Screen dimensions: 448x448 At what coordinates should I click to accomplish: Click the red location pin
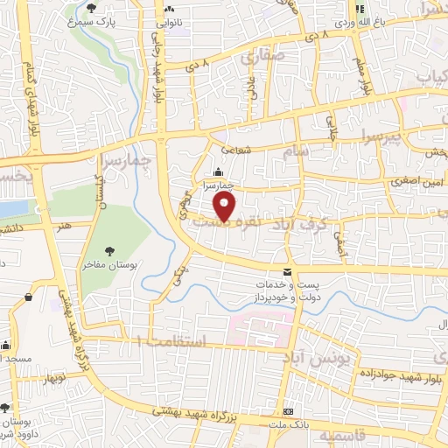[225, 206]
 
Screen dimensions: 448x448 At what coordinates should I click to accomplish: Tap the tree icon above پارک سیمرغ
[92, 9]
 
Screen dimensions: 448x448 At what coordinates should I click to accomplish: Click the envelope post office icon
[287, 271]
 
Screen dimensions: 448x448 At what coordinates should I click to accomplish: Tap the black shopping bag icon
[29, 296]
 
